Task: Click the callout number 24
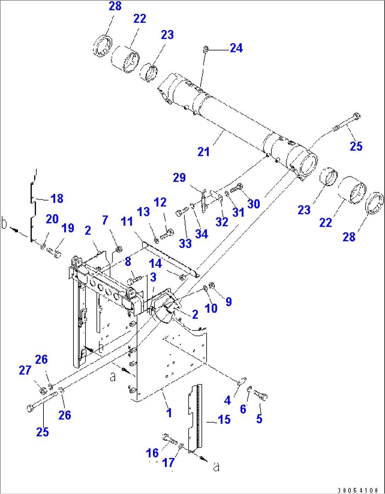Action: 236,48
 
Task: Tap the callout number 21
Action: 203,152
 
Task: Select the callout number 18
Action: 57,198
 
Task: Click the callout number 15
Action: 224,419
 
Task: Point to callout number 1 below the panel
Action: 169,412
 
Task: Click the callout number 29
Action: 179,178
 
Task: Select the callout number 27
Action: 25,370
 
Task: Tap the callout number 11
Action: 127,221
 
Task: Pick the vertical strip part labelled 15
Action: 195,417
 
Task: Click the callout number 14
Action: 155,263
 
